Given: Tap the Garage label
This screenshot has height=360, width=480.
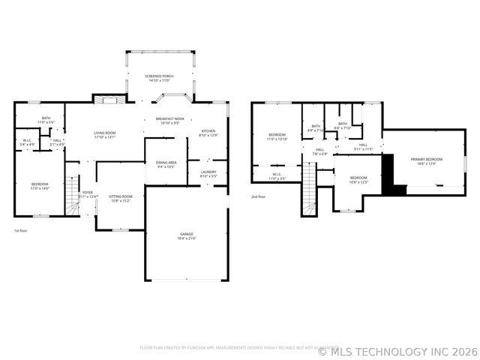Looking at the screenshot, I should pyautogui.click(x=186, y=235).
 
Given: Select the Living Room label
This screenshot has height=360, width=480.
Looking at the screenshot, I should pyautogui.click(x=104, y=133).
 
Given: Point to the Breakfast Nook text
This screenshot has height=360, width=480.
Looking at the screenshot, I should pyautogui.click(x=169, y=118).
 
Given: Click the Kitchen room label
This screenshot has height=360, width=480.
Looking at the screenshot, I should pyautogui.click(x=208, y=131).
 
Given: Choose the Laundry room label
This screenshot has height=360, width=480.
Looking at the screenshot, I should pyautogui.click(x=208, y=172).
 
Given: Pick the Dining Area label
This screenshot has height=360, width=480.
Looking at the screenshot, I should pyautogui.click(x=166, y=163).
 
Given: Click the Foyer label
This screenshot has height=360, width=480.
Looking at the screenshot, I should pyautogui.click(x=88, y=192).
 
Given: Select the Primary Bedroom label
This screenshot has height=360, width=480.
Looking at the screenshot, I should pyautogui.click(x=426, y=159).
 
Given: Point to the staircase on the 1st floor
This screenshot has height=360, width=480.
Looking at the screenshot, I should pyautogui.click(x=72, y=196).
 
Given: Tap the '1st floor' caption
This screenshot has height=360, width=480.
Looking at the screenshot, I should pyautogui.click(x=21, y=231).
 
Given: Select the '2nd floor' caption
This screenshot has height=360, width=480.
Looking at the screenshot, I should pyautogui.click(x=259, y=197).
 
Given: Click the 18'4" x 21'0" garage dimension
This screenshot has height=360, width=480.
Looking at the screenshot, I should pyautogui.click(x=186, y=238).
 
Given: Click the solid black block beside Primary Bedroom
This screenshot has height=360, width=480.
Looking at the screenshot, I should pyautogui.click(x=390, y=174).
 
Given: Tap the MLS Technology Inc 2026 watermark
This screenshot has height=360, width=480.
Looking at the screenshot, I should pyautogui.click(x=397, y=350).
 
